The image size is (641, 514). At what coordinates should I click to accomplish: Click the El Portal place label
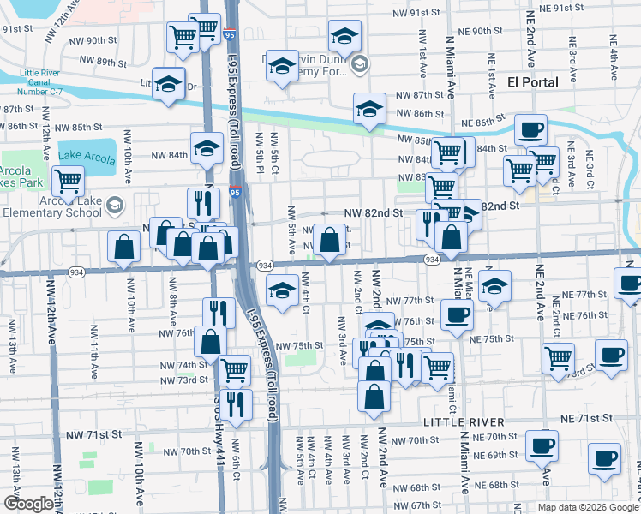tap(532, 82)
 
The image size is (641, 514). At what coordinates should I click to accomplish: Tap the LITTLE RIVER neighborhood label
tap(463, 423)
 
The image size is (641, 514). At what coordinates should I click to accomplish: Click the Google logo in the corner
tap(28, 504)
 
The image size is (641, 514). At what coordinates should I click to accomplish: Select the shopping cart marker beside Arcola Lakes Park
tap(68, 181)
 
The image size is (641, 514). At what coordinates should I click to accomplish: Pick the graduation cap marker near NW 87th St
tap(369, 109)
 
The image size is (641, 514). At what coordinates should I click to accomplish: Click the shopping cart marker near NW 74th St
tap(234, 370)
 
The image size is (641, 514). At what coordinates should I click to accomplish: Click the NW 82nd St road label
tap(374, 212)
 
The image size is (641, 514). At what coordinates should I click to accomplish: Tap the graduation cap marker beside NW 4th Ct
tap(282, 290)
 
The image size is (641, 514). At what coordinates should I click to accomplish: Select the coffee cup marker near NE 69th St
tap(542, 446)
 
